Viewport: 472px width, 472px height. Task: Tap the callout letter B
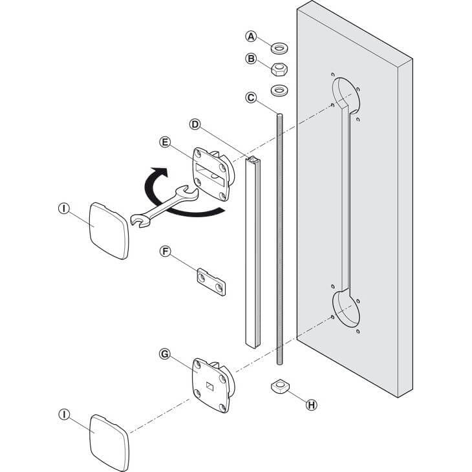252,58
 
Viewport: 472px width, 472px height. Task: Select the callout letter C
252,98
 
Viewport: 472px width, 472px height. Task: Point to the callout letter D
195,123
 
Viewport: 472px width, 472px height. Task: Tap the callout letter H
312,405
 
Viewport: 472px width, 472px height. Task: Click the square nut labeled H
279,387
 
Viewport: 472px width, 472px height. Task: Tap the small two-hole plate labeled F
211,282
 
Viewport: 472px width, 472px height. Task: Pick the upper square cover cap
108,230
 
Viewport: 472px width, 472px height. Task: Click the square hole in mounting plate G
209,387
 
